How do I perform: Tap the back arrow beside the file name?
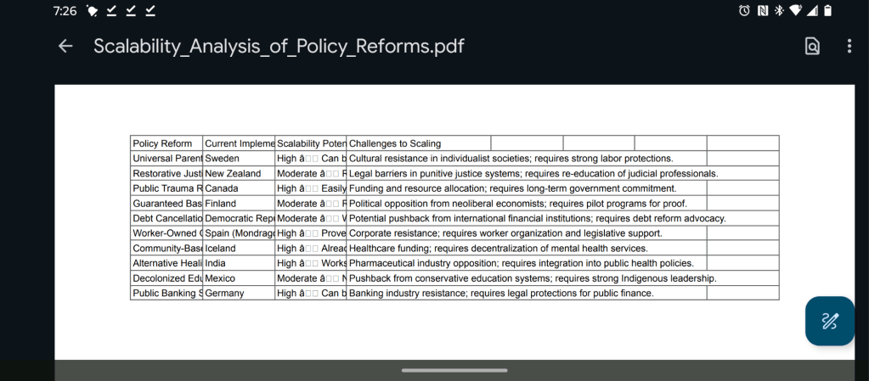[x=65, y=46]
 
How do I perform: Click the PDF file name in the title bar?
[x=279, y=46]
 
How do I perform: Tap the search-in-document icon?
[x=812, y=46]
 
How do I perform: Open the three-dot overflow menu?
[x=849, y=46]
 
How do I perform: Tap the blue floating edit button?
[x=829, y=321]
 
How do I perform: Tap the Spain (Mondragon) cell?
[x=239, y=233]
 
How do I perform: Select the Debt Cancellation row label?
[x=166, y=219]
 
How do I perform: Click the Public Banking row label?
[x=166, y=294]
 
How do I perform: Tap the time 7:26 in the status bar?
[x=65, y=11]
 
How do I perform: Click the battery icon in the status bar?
[x=827, y=11]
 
